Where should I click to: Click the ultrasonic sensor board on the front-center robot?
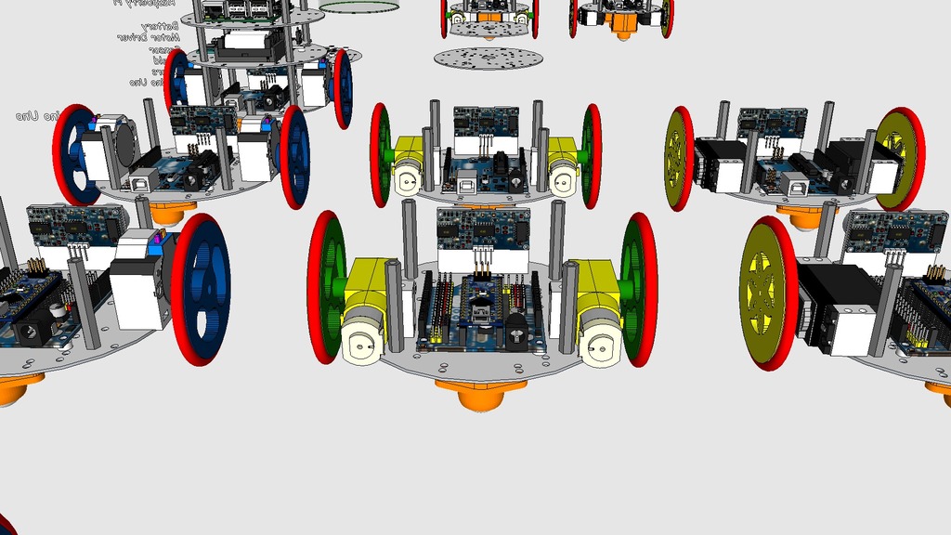483,240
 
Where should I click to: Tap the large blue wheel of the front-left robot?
202,288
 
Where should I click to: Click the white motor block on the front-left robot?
137,294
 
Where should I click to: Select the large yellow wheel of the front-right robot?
766,294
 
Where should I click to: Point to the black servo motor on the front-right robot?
837,307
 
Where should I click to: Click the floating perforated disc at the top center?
489,59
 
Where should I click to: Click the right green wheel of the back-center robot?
592,156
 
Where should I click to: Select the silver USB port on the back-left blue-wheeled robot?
145,181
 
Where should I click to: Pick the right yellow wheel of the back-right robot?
898,158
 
